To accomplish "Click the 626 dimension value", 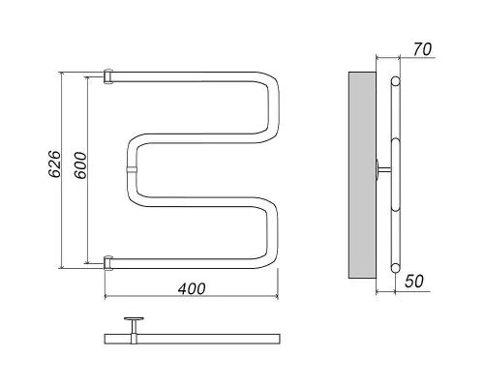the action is tap(54, 164).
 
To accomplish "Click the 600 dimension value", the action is tap(80, 165).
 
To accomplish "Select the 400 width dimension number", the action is tap(192, 289).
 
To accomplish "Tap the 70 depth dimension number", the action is tap(422, 49).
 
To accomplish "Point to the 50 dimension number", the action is tap(414, 282).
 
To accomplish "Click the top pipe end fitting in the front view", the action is tap(108, 76).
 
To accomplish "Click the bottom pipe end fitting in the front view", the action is tap(108, 262).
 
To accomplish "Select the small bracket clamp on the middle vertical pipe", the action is tap(132, 170).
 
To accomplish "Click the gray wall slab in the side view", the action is tap(362, 175).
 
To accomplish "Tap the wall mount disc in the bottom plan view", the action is tap(134, 319).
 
